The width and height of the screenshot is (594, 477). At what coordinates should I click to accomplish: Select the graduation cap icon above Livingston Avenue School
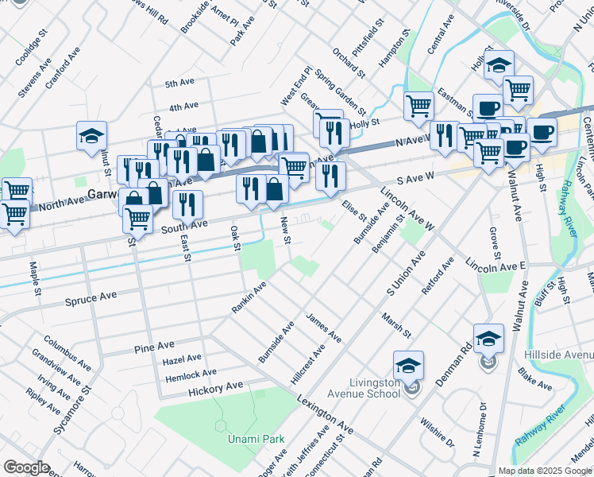pyautogui.click(x=408, y=365)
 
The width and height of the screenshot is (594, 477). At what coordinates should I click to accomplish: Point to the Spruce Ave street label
pyautogui.click(x=91, y=298)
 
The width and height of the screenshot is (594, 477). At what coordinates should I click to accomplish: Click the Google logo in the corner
pyautogui.click(x=26, y=467)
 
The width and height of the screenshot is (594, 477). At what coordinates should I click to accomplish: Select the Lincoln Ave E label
pyautogui.click(x=496, y=263)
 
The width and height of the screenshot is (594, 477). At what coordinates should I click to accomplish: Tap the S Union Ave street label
pyautogui.click(x=406, y=270)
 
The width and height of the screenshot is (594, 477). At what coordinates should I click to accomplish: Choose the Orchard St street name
pyautogui.click(x=349, y=65)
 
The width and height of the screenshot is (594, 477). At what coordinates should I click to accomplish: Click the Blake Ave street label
pyautogui.click(x=534, y=380)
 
